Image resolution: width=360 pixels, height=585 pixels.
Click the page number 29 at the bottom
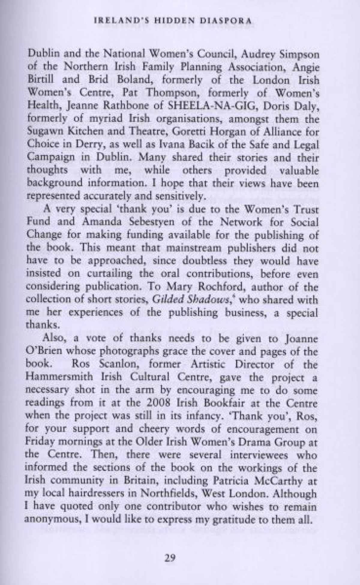tap(170, 558)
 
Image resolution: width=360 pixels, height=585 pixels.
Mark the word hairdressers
tap(100, 493)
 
